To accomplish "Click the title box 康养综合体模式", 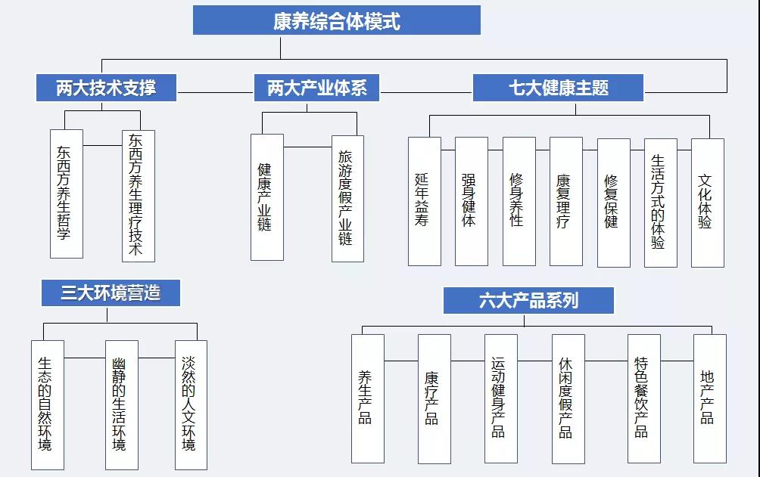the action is click(x=337, y=20).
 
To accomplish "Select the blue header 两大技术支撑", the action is click(x=106, y=88).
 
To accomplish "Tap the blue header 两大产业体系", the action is click(x=316, y=88).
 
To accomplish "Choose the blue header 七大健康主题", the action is click(x=559, y=88).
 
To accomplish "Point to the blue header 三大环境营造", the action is click(x=111, y=293).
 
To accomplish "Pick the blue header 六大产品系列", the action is click(x=529, y=300).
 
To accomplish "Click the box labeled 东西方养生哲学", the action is click(x=67, y=194).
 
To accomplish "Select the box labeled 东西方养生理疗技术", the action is click(x=139, y=196).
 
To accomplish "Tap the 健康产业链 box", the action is click(x=267, y=197).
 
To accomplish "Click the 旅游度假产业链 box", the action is click(x=347, y=199).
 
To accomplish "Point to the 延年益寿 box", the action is click(x=425, y=201).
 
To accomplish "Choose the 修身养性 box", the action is click(x=519, y=201).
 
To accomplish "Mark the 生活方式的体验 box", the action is click(x=661, y=203).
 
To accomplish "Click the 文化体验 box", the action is click(x=708, y=203).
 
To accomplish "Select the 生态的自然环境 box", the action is click(x=48, y=405).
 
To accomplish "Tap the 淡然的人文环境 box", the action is click(x=191, y=405).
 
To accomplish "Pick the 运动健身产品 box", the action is click(x=501, y=398).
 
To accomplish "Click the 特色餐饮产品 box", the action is click(x=644, y=398).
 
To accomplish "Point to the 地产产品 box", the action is click(x=710, y=398).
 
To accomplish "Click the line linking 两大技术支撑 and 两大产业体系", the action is click(x=216, y=92).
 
